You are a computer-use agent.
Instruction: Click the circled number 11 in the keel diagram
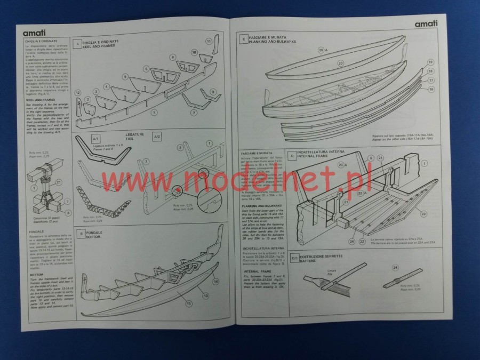click(209, 42)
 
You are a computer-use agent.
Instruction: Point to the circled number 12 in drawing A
click(77, 93)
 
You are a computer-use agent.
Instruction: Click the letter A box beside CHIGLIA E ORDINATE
click(77, 44)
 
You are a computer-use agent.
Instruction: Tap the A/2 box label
click(157, 138)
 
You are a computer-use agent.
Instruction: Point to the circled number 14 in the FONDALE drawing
click(215, 281)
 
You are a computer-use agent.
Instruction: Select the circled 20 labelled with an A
click(322, 50)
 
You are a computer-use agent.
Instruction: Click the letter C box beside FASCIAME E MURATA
click(243, 38)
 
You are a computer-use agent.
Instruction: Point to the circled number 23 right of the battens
click(423, 214)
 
